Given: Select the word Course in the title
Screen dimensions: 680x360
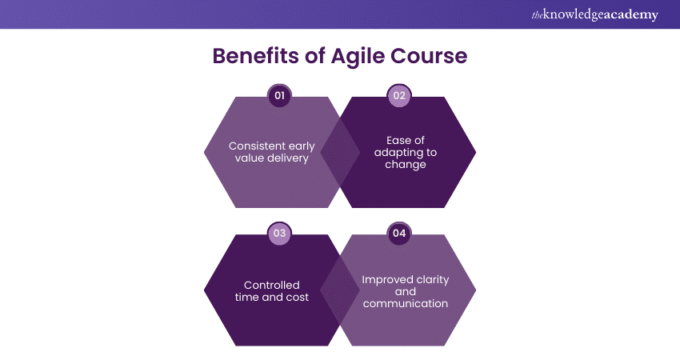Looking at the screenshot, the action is pos(429,56).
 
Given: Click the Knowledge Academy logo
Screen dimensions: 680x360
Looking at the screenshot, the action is pos(594,14).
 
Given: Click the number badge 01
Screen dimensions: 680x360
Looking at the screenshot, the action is pos(280,95).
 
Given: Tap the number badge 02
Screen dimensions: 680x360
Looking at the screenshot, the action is pos(399,95).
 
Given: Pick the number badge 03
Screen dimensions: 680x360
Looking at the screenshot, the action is pos(280,234).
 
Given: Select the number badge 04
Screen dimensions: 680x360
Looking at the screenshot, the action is pos(399,234).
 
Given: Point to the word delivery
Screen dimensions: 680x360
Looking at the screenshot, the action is pos(288,158).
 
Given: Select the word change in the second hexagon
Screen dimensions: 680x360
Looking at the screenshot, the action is pos(406,165).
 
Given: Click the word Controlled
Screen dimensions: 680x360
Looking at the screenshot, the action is pos(272,286).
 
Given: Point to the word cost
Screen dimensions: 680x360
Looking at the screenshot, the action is pos(299,298).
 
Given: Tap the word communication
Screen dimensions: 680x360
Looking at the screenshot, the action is pos(406,304).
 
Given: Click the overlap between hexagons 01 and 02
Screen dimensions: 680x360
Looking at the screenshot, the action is pos(340,152).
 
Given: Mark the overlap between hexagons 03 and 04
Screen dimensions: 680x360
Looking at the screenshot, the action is pos(340,290).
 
